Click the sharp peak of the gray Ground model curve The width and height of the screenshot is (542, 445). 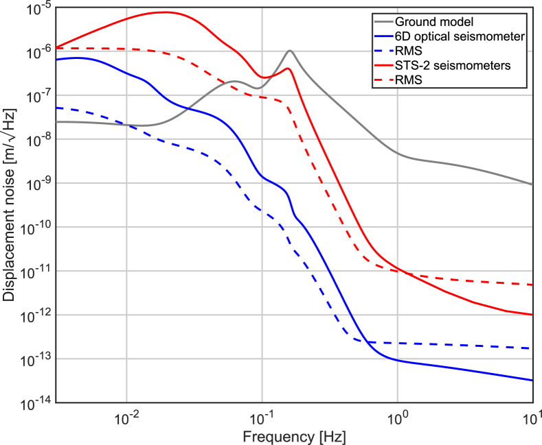(x=290, y=50)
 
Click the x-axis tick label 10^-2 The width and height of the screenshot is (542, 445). (x=126, y=418)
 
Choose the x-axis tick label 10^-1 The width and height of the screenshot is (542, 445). (x=262, y=418)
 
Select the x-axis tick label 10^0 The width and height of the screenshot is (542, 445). (x=397, y=418)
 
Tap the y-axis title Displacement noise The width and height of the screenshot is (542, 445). (x=10, y=206)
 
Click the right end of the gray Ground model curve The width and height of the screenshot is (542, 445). (x=532, y=184)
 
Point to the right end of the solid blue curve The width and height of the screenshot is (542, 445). (x=532, y=380)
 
